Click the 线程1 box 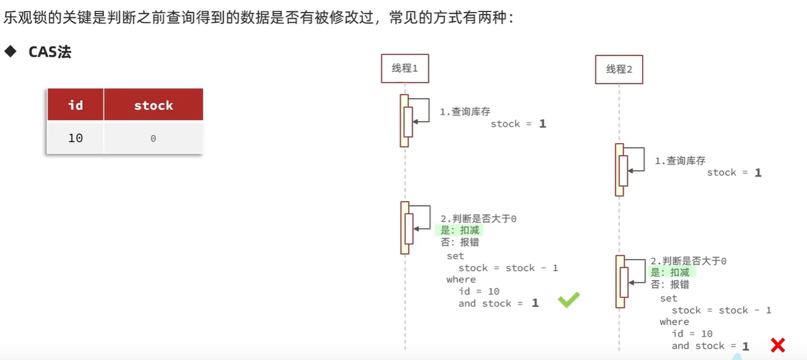[405, 68]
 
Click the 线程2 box [619, 69]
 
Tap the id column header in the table [76, 105]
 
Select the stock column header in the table [153, 105]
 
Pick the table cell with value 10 [76, 138]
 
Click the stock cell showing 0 [153, 138]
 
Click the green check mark [568, 301]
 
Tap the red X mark [777, 345]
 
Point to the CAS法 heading [50, 52]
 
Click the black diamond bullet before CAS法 [10, 52]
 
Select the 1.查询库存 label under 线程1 [465, 112]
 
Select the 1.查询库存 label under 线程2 [680, 161]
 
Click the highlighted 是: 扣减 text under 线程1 [460, 230]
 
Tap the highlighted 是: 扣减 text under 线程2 [670, 272]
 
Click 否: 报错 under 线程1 [460, 242]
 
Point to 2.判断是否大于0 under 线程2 [688, 260]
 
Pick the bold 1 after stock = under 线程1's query [542, 124]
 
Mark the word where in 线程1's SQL [461, 279]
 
